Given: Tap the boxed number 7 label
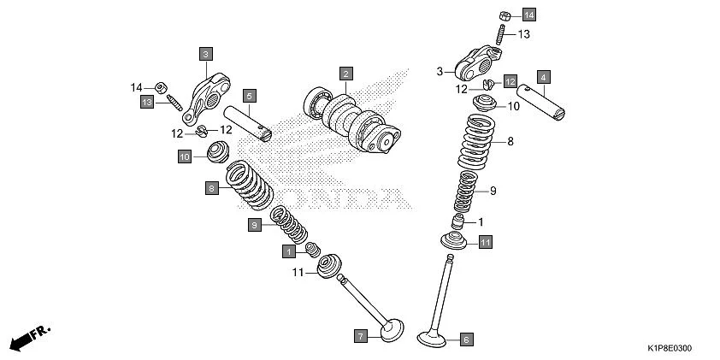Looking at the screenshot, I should (361, 336).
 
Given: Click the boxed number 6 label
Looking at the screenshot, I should (467, 339).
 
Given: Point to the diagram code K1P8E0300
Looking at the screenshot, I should (669, 349).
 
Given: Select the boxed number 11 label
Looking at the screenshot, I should (485, 243).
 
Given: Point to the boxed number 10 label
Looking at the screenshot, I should (184, 156).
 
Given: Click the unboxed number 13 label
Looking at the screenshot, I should (523, 33).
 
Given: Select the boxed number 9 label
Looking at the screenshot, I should (254, 225).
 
